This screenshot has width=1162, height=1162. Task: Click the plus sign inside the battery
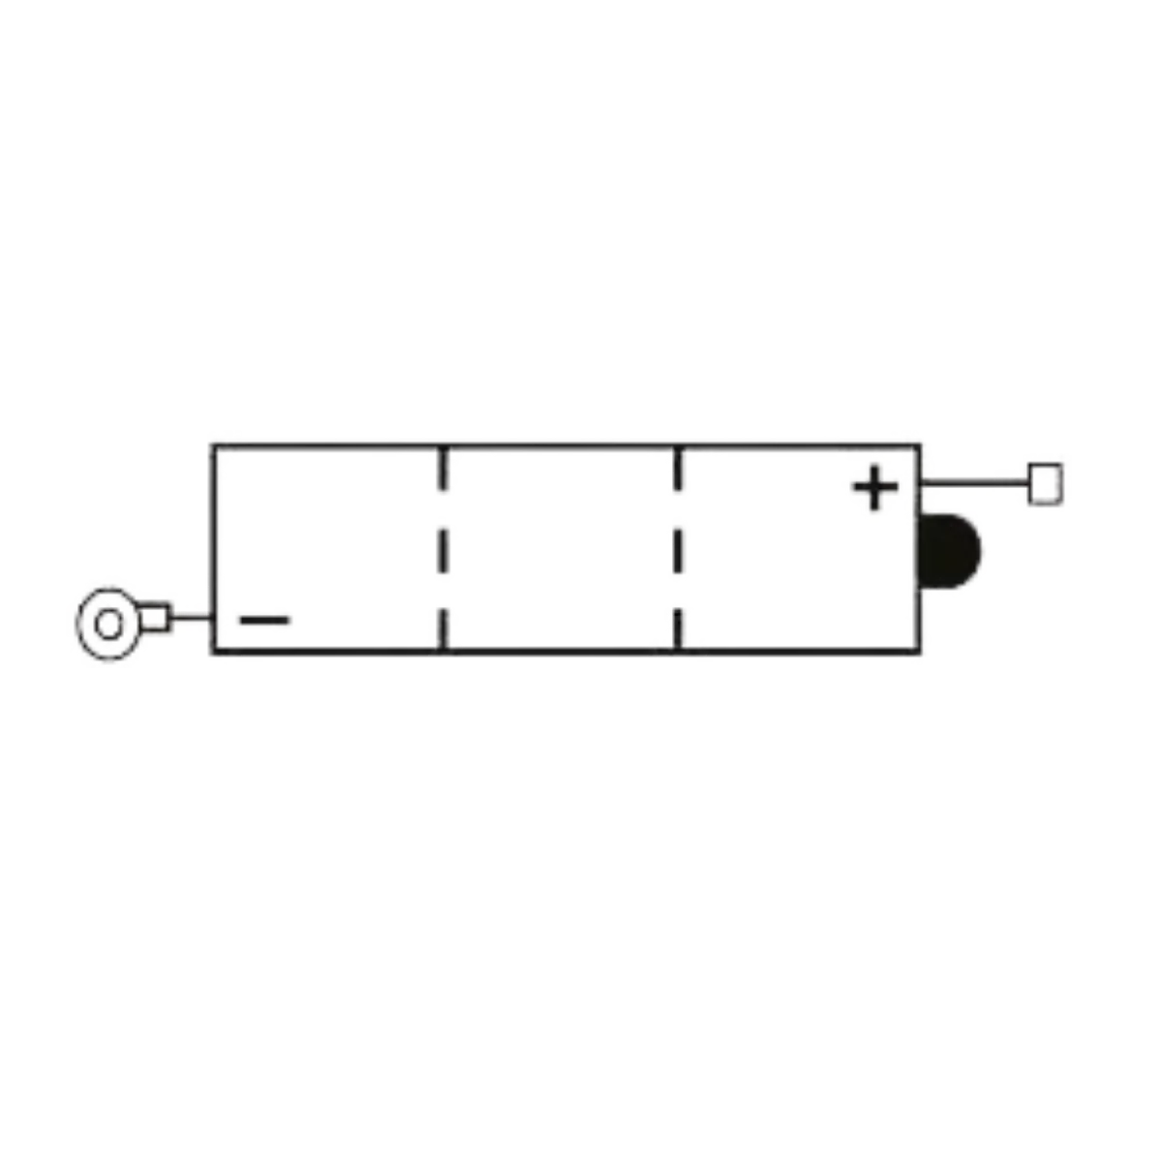(873, 488)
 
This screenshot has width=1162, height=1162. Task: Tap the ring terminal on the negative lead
(108, 625)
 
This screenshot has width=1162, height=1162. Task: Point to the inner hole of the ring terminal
(108, 625)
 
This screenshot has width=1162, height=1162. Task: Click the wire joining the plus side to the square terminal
(978, 478)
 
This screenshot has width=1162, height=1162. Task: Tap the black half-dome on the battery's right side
(953, 549)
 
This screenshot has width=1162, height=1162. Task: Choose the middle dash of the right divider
(682, 552)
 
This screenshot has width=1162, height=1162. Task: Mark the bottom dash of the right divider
(682, 627)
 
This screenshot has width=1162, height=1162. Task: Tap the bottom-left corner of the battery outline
(213, 655)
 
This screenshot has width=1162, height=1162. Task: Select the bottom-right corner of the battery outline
(928, 655)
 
